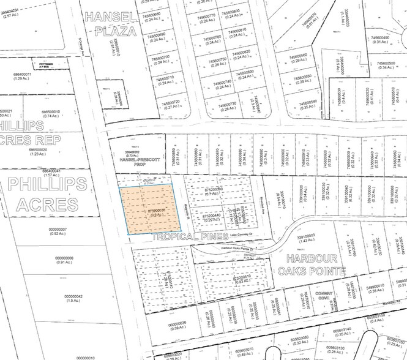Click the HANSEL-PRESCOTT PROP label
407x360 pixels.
[x=138, y=159]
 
